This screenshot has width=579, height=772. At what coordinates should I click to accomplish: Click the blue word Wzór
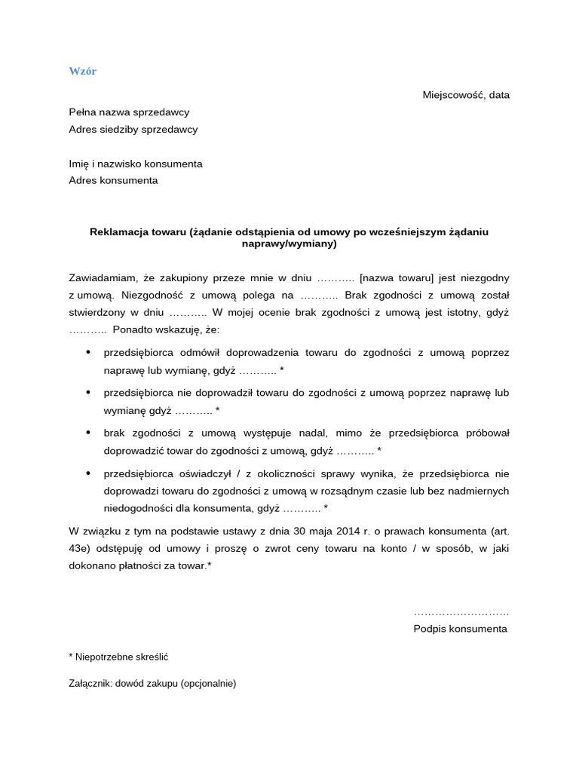[83, 72]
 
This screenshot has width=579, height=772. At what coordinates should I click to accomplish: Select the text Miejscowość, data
[466, 95]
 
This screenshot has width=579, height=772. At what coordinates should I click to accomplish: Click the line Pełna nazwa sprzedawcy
[129, 112]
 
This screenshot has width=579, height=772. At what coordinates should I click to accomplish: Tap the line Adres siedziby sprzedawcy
[133, 130]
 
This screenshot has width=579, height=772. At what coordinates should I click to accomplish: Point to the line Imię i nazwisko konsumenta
[136, 164]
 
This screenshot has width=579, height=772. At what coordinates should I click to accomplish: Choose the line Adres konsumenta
[114, 181]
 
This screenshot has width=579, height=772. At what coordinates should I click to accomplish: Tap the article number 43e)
[80, 549]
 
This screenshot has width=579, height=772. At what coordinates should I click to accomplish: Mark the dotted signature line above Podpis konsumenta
[461, 612]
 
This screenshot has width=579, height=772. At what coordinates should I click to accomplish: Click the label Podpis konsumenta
[461, 629]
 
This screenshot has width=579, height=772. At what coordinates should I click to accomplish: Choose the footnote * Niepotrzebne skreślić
[118, 657]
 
